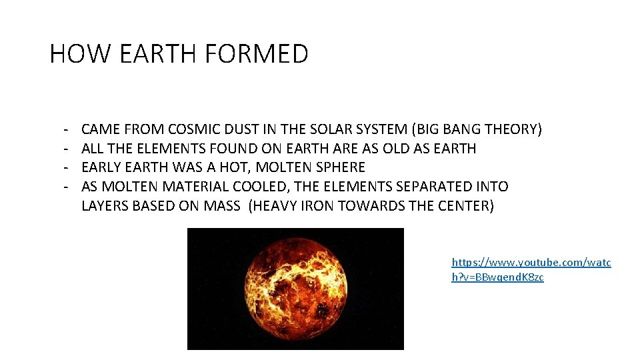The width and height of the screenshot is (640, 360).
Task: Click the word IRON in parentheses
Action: pos(317,206)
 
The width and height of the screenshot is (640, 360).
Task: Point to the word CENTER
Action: pos(465,206)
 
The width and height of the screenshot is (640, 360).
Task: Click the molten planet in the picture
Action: pos(295,289)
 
